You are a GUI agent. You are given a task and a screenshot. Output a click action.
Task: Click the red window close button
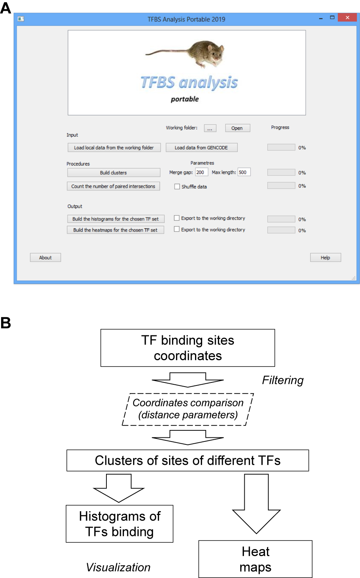pos(347,17)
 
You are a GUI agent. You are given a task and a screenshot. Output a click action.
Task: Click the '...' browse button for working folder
pos(210,128)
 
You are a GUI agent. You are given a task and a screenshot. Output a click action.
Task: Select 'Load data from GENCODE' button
pos(201,148)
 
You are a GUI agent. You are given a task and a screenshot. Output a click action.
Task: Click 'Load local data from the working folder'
pos(114,148)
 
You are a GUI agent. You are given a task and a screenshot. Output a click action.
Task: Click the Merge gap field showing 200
pos(201,172)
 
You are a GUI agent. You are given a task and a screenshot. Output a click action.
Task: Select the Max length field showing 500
pos(244,172)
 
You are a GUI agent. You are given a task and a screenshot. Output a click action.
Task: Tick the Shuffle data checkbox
pos(177,187)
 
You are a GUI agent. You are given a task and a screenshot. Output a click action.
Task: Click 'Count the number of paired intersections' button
pos(113,186)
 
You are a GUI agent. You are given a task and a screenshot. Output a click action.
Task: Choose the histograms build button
pos(116,219)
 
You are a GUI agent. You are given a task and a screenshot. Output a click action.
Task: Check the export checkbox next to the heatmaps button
pos(176,229)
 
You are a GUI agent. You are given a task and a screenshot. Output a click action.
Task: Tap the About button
pos(45,257)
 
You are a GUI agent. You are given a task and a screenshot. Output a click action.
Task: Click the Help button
pos(326,257)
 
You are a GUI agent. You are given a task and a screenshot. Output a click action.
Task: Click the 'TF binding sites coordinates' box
pos(188,348)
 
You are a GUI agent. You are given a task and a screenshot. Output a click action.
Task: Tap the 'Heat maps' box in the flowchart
pos(255,559)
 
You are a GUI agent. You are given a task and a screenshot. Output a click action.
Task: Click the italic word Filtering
pos(283,380)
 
